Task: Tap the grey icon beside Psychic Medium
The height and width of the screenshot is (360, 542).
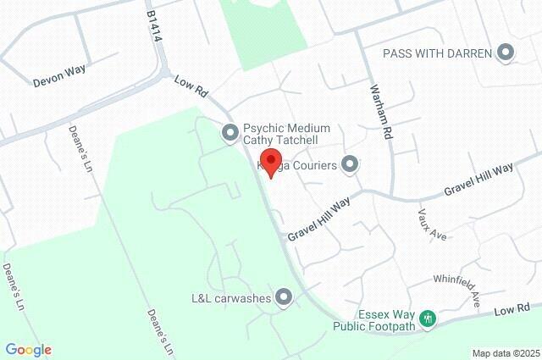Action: click(229, 132)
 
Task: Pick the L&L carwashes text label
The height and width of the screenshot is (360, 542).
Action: click(230, 297)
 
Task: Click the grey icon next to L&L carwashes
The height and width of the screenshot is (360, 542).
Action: click(284, 296)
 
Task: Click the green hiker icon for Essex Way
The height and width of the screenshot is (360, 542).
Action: click(429, 318)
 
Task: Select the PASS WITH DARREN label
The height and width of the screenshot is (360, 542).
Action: click(437, 53)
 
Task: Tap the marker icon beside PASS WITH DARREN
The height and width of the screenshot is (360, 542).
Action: click(506, 53)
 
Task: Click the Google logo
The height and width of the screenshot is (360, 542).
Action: click(28, 350)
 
